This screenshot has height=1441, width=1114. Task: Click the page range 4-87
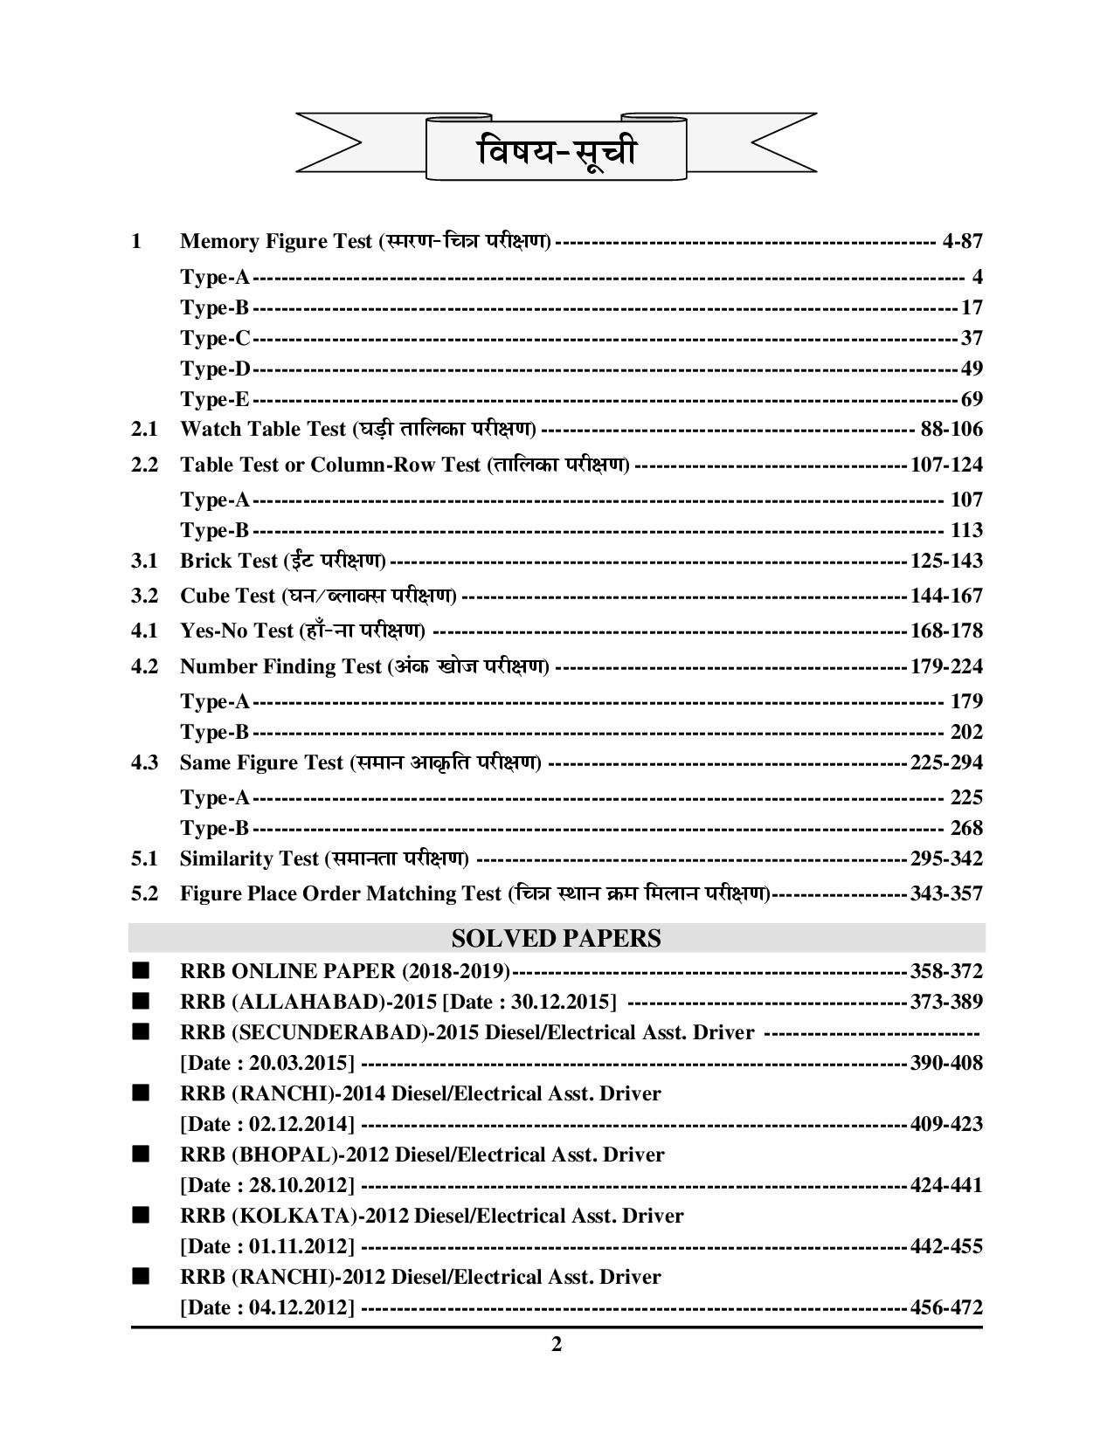point(963,241)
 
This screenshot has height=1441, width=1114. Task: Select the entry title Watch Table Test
point(264,429)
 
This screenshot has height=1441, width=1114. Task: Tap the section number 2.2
point(144,465)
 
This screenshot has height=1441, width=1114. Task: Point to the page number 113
point(965,530)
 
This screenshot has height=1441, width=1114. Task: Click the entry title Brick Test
point(228,561)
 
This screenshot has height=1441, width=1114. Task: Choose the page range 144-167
point(946,596)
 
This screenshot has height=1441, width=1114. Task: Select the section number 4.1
point(144,631)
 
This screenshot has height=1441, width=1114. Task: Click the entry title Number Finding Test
point(280,666)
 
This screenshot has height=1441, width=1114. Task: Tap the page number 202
point(965,732)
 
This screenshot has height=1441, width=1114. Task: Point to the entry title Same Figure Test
point(261,762)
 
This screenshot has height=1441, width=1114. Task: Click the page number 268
point(965,828)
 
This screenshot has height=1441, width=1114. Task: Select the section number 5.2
point(144,893)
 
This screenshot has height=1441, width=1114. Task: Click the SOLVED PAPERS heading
point(557,939)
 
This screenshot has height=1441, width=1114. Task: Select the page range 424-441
point(946,1185)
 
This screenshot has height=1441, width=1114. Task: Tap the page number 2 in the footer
point(557,1344)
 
